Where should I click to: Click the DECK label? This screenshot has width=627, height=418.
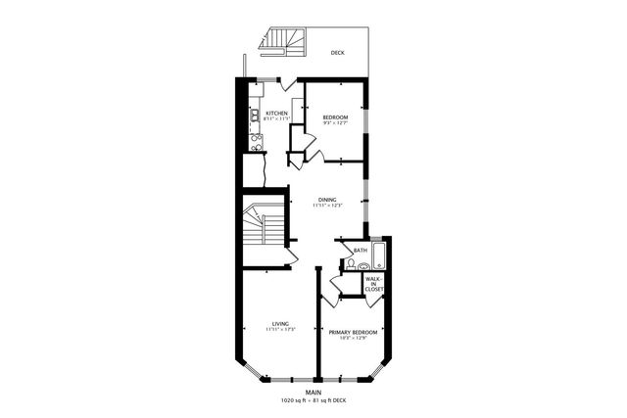click(x=337, y=53)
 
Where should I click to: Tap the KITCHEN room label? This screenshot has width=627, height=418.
click(x=275, y=114)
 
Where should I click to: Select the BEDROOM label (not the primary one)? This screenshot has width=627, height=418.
click(x=335, y=117)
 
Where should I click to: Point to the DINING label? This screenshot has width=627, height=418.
click(x=327, y=200)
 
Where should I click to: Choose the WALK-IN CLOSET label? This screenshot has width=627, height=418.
click(x=374, y=284)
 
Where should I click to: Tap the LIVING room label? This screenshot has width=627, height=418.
click(x=280, y=323)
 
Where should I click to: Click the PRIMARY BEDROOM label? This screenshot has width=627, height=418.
click(x=353, y=332)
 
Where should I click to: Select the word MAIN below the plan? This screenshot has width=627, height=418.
click(x=313, y=393)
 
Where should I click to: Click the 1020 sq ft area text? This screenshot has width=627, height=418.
click(x=294, y=400)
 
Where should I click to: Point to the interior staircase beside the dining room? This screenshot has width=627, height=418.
click(x=262, y=228)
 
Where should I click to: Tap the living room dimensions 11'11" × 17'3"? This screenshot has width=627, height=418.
click(x=280, y=330)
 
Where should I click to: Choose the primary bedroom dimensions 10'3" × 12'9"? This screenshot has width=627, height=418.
click(x=353, y=339)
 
